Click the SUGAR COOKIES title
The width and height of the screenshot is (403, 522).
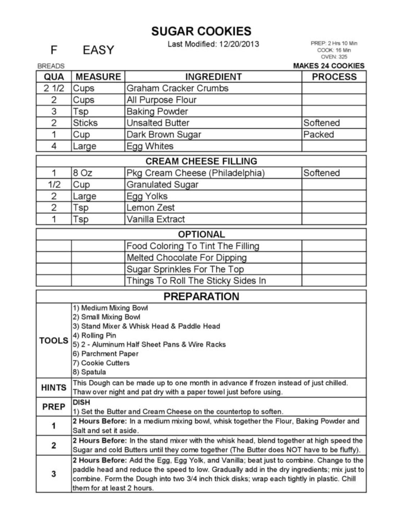201,31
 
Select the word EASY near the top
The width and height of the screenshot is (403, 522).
98,50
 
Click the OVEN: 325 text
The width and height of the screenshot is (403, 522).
334,57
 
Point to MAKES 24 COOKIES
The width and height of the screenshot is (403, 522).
329,66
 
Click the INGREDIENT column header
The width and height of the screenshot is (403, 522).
213,77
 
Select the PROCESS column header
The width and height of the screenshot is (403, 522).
334,77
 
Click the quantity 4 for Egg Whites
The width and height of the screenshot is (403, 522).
54,146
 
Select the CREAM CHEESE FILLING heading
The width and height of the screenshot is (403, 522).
201,161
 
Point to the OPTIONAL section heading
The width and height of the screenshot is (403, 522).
201,234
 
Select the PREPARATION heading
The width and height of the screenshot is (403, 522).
201,296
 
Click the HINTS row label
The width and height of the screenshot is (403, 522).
54,387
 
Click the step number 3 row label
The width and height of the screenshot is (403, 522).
54,474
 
